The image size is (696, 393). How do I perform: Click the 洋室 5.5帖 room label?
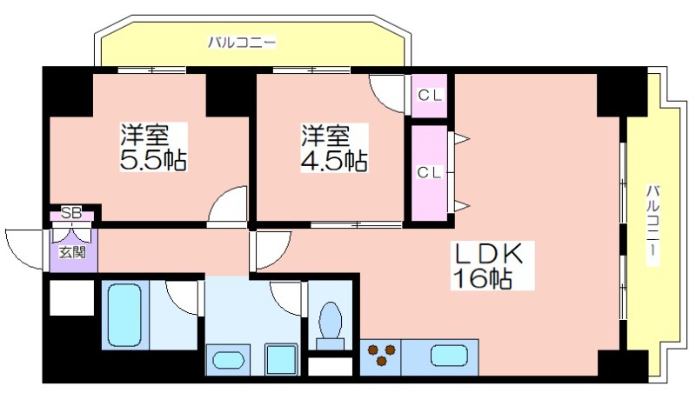click(153, 147)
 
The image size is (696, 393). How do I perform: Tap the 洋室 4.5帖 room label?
click(334, 148)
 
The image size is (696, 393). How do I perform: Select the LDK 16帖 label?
click(492, 266)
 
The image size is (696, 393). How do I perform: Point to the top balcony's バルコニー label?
click(243, 43)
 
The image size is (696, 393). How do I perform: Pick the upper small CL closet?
click(429, 96)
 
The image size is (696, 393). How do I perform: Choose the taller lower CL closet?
click(429, 173)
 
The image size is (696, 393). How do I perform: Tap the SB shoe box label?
click(71, 213)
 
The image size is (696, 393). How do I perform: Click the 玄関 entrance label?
click(73, 253)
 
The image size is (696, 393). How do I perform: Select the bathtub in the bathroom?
click(125, 315)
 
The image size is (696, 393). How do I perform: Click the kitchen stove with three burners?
click(380, 356)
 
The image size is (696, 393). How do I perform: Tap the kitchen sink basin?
click(449, 356)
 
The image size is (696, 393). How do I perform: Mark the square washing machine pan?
click(281, 360)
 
